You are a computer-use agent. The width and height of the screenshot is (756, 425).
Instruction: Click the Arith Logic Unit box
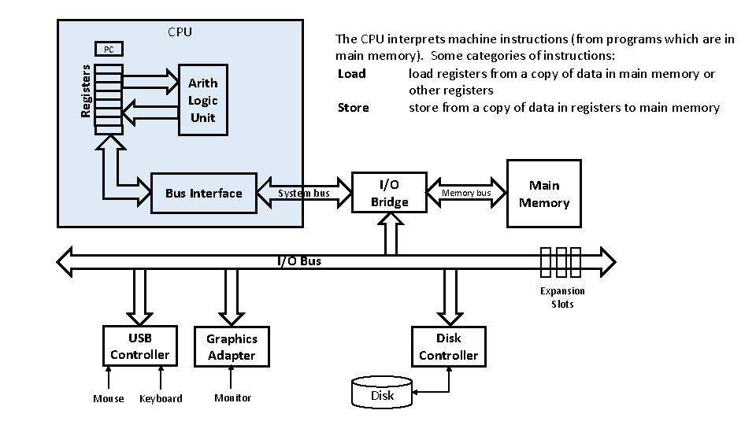coord(203,100)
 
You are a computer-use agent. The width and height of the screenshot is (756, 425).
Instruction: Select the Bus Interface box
coord(204,194)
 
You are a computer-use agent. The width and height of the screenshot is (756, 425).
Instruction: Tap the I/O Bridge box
coord(389,193)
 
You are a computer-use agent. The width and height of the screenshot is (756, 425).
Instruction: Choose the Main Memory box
coord(544,194)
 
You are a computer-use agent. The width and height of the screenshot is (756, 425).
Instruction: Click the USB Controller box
coord(139,346)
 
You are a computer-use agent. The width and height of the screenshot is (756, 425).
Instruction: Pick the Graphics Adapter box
coord(232,346)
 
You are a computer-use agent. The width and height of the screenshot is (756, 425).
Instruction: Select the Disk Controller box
coord(448,346)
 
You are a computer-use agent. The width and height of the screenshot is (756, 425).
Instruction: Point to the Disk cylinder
coord(383,394)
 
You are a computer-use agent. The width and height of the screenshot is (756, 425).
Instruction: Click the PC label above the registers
coord(109,50)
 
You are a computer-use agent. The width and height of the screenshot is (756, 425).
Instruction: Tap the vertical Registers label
coord(86,91)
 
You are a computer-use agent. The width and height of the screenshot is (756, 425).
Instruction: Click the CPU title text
coord(180,32)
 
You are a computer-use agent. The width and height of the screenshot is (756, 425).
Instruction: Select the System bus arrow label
coord(304,194)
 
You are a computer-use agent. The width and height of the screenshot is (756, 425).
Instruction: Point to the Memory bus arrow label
coord(466,193)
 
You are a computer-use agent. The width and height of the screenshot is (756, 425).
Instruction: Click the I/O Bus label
coord(299,261)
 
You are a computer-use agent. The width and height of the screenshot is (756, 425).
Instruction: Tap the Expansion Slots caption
coord(562,297)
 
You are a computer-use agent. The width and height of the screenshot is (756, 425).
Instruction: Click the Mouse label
coord(109,398)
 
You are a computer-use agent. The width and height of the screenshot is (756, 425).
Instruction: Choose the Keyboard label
coord(161,398)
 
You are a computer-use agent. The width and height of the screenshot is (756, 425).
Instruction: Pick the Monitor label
coord(233,398)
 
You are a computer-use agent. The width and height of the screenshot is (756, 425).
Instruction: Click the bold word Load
coord(351,73)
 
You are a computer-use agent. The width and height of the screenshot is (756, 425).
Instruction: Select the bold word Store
coord(353,108)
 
